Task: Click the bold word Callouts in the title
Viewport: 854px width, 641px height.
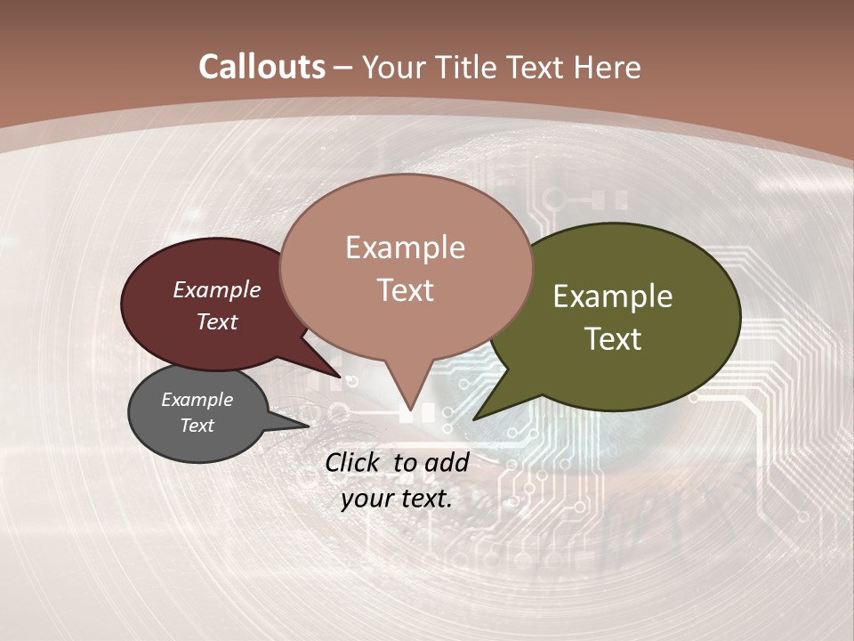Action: click(262, 67)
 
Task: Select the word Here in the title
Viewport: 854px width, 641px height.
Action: click(608, 67)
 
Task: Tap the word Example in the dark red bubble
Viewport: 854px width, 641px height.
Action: click(217, 289)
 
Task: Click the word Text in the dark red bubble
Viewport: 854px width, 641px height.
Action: click(217, 321)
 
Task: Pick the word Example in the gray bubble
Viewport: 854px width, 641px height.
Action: click(197, 400)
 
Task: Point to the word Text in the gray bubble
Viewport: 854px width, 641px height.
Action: click(197, 426)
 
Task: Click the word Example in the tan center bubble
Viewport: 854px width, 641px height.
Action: click(405, 247)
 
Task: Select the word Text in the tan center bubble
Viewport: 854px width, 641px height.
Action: click(405, 290)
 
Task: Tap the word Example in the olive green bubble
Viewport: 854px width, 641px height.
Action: click(613, 296)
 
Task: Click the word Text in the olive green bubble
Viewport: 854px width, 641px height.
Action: click(613, 338)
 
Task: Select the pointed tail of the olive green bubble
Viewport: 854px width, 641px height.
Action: click(476, 418)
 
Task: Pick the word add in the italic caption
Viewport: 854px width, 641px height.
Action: click(447, 462)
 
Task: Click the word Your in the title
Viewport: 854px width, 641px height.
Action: click(392, 67)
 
